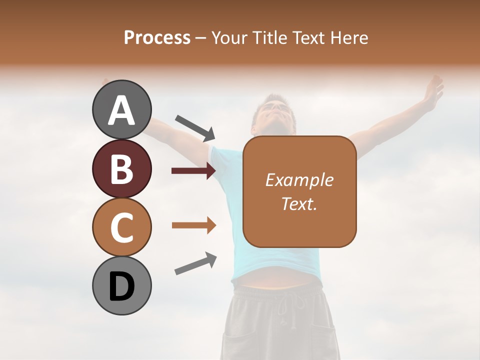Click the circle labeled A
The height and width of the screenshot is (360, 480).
[x=121, y=109]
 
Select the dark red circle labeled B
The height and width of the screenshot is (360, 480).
[x=121, y=168]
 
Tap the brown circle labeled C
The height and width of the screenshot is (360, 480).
[x=121, y=227]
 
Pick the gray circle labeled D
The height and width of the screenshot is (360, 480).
[x=121, y=285]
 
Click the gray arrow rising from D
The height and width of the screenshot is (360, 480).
[x=195, y=263]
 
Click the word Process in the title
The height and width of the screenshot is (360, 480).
[x=157, y=38]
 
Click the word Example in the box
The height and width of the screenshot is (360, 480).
[x=299, y=180]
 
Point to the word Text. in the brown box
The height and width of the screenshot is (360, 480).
[x=299, y=203]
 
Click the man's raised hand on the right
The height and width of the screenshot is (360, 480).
[x=433, y=90]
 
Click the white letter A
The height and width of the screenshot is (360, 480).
[x=121, y=110]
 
